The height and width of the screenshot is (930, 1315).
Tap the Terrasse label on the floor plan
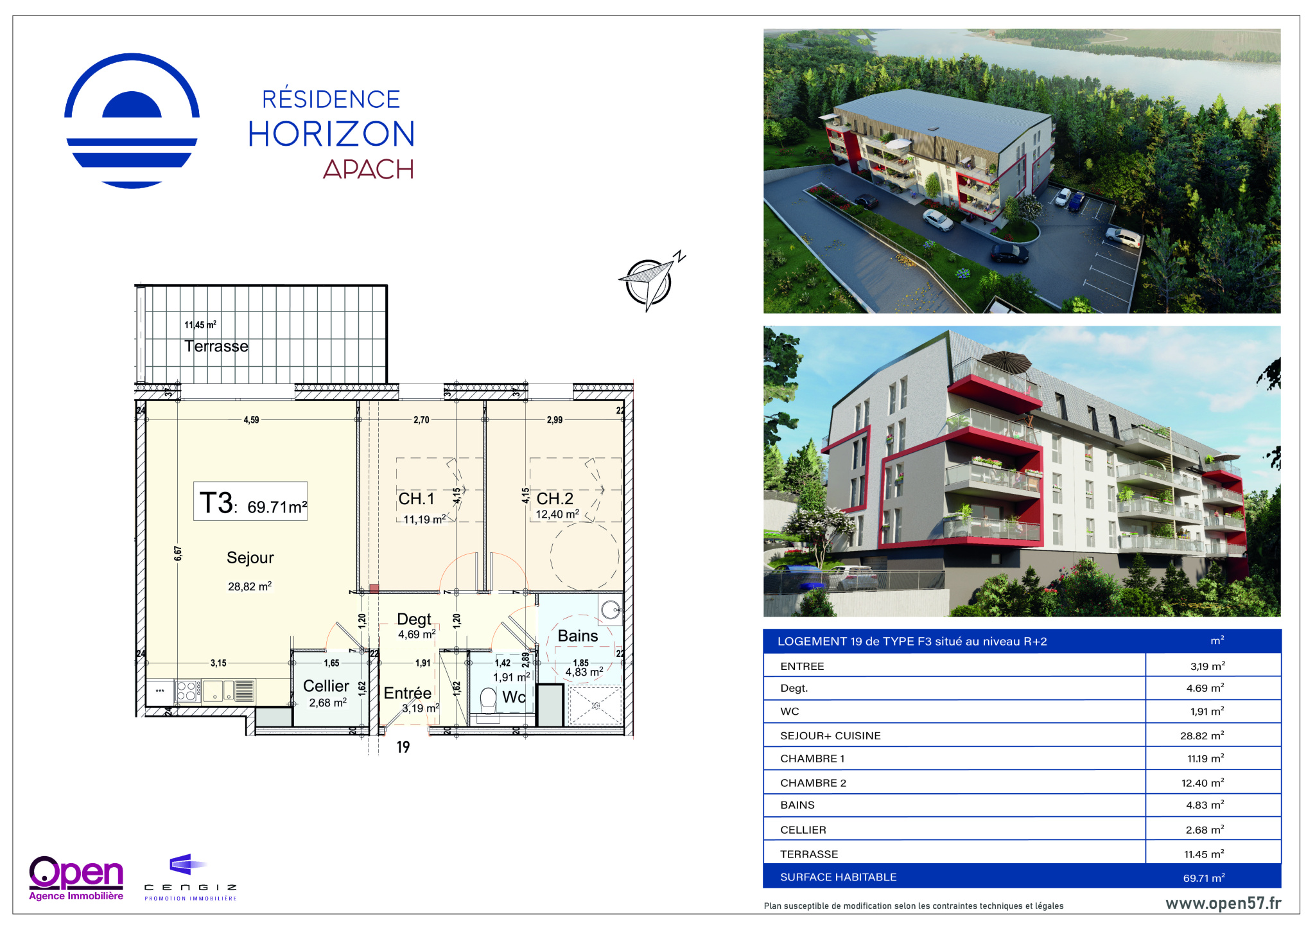pyautogui.click(x=216, y=346)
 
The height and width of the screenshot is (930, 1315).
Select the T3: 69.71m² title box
pyautogui.click(x=250, y=501)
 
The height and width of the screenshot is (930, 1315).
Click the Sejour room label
pyautogui.click(x=250, y=557)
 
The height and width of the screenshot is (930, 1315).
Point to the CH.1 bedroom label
pyautogui.click(x=416, y=498)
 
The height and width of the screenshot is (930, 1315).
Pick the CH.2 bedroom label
pyautogui.click(x=555, y=498)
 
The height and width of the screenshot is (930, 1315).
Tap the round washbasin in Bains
pyautogui.click(x=611, y=609)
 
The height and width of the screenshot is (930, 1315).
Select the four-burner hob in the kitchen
pyautogui.click(x=186, y=691)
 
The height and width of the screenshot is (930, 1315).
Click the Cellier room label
pyautogui.click(x=326, y=686)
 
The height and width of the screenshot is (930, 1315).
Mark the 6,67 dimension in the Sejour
pyautogui.click(x=178, y=554)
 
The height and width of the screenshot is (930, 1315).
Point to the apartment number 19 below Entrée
pyautogui.click(x=403, y=747)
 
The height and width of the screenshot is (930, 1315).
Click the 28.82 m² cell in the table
pyautogui.click(x=1202, y=735)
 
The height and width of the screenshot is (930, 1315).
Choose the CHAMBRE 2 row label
pyautogui.click(x=813, y=783)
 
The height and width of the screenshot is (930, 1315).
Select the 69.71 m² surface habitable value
pyautogui.click(x=1204, y=877)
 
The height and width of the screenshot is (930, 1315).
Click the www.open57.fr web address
pyautogui.click(x=1223, y=903)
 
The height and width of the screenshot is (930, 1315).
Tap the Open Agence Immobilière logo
pyautogui.click(x=76, y=878)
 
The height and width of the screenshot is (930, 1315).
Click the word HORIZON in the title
pyautogui.click(x=331, y=134)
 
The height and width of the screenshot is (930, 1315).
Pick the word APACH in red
pyautogui.click(x=369, y=169)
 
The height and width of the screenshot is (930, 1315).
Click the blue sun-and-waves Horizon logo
pyautogui.click(x=132, y=121)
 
